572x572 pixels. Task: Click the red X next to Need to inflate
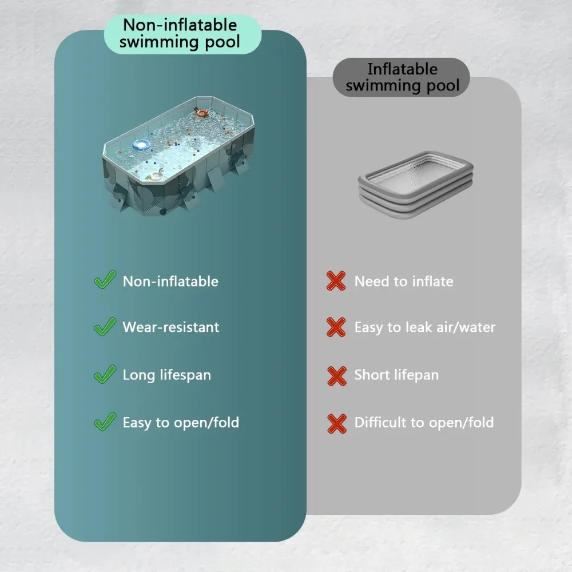pyautogui.click(x=336, y=281)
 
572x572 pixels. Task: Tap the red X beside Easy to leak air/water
pyautogui.click(x=336, y=327)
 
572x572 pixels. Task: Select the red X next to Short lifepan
pyautogui.click(x=336, y=376)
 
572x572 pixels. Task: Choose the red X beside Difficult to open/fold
pyautogui.click(x=336, y=423)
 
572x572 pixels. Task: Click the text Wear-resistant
pyautogui.click(x=170, y=327)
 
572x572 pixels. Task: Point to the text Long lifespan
pyautogui.click(x=166, y=375)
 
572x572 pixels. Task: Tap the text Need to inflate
pyautogui.click(x=404, y=281)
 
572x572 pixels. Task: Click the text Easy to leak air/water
pyautogui.click(x=425, y=328)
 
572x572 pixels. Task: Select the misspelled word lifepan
pyautogui.click(x=416, y=375)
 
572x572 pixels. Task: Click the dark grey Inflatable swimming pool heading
pyautogui.click(x=402, y=77)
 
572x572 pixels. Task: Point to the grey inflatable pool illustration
pyautogui.click(x=415, y=185)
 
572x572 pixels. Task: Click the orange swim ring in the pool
pyautogui.click(x=201, y=112)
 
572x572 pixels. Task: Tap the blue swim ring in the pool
pyautogui.click(x=141, y=145)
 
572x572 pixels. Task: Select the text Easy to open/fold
pyautogui.click(x=181, y=423)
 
